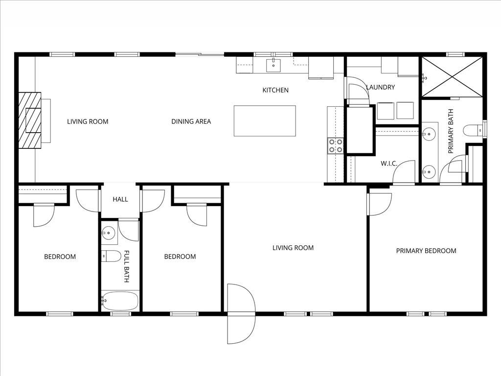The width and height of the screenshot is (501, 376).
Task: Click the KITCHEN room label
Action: tap(275, 90)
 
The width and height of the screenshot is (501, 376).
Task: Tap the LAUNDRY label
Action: tap(380, 88)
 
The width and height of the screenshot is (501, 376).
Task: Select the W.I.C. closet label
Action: tap(388, 164)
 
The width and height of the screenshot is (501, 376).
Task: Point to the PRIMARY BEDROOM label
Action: tap(426, 251)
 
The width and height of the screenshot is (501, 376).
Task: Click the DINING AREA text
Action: tap(191, 121)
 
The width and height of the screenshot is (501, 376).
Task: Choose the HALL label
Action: tap(120, 199)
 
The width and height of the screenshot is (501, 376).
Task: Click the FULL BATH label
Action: tap(126, 266)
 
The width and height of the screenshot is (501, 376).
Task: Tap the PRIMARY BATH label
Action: tap(451, 131)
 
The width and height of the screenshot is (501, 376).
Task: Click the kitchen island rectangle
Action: tap(265, 121)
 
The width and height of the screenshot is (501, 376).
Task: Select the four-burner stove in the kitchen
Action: tap(335, 145)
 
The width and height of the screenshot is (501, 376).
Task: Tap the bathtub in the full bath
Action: tap(120, 302)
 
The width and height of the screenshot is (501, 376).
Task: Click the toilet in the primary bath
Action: tap(473, 130)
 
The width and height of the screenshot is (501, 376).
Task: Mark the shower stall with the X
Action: tap(451, 76)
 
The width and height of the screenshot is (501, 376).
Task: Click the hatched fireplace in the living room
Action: tap(31, 120)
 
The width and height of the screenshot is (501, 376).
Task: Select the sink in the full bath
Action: tap(109, 233)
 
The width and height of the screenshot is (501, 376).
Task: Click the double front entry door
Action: tap(241, 313)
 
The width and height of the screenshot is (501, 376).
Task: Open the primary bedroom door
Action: tap(379, 203)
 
